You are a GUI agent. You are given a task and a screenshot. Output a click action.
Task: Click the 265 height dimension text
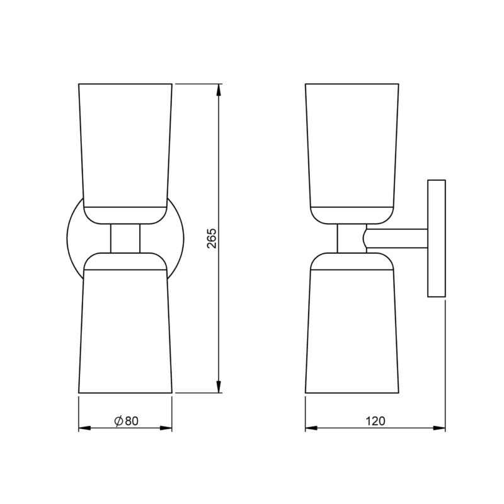212,238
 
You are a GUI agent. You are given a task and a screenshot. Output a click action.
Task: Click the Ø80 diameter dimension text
126,421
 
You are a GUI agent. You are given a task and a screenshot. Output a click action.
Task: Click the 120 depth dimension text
375,421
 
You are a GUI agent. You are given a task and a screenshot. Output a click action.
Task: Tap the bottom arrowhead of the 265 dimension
219,387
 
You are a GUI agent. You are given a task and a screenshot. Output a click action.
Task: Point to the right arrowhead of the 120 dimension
440,429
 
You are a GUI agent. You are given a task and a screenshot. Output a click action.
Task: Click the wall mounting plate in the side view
437,238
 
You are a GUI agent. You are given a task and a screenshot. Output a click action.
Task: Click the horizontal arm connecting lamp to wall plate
397,238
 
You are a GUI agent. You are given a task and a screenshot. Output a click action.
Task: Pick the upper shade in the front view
125,145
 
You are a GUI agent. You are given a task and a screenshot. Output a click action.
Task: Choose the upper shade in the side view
352,145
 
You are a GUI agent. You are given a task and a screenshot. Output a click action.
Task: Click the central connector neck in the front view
125,238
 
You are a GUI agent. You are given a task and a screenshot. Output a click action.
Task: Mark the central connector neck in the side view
350,238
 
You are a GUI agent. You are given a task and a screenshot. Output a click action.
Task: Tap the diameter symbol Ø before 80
118,421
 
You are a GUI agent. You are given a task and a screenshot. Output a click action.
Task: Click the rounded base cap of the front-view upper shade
125,215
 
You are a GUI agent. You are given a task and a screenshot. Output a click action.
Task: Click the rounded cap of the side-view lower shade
352,260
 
